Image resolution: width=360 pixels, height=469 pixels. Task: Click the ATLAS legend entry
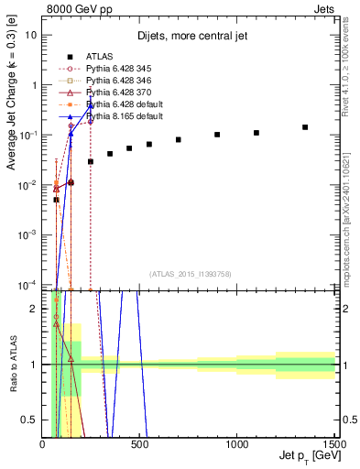[99, 55]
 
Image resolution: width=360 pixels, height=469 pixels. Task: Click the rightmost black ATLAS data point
[305, 127]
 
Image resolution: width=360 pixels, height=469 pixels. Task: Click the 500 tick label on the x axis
[140, 445]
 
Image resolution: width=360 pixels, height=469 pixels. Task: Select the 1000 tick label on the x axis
[237, 445]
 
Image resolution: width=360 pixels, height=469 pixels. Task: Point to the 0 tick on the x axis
[43, 445]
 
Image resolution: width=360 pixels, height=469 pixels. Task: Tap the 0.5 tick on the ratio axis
[31, 420]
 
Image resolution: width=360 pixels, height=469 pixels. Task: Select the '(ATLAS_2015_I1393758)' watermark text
[190, 272]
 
